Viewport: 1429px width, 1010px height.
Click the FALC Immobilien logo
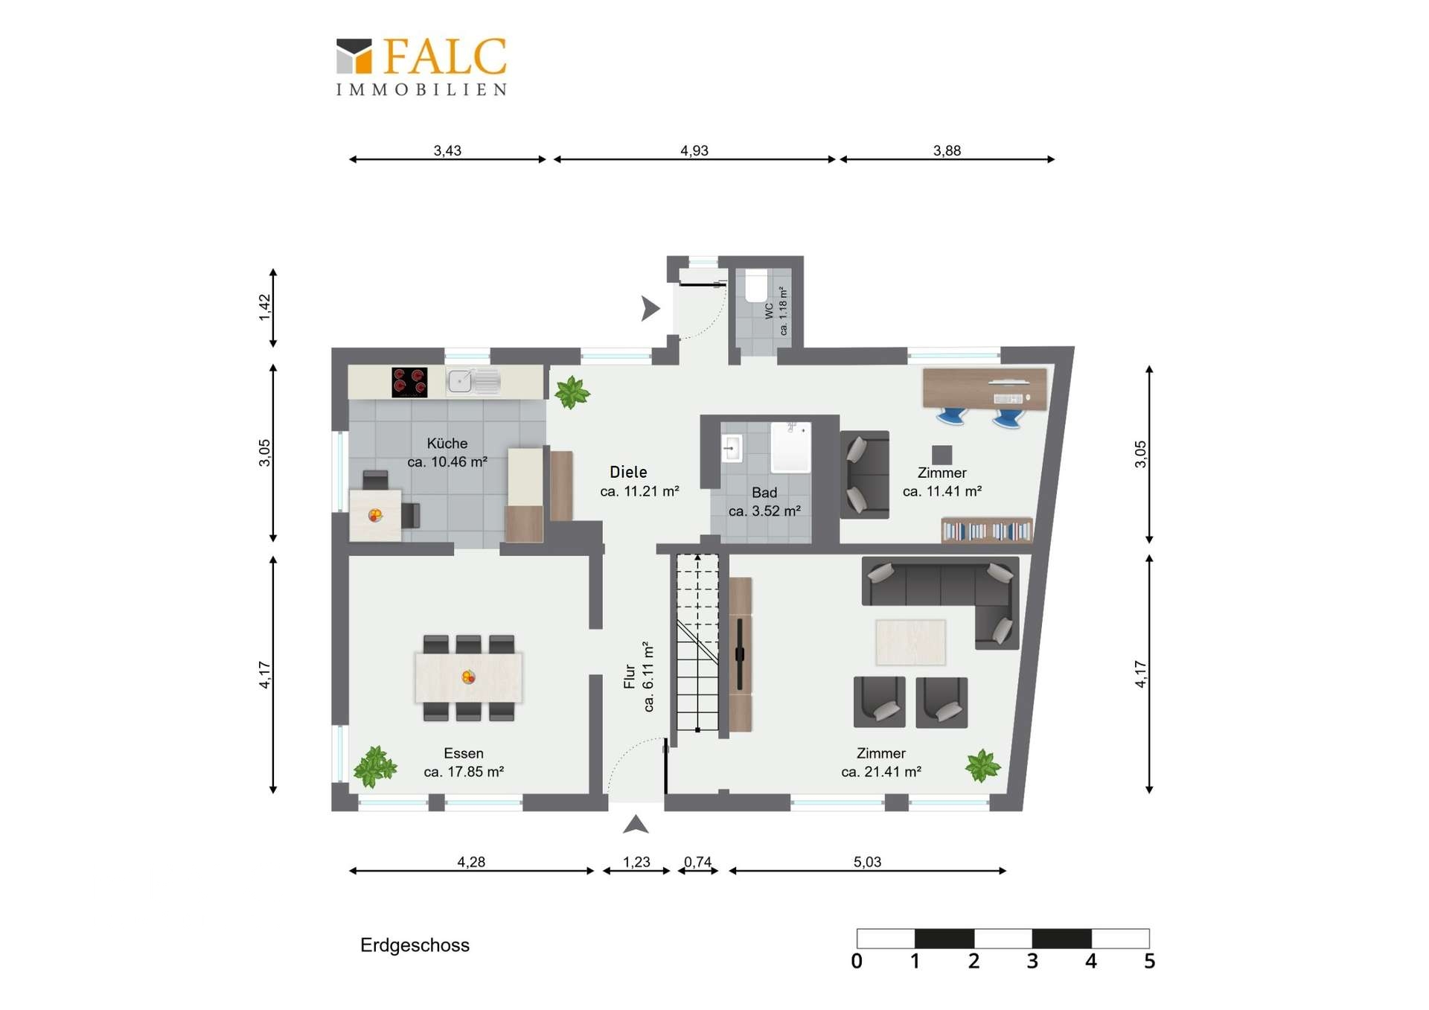[421, 67]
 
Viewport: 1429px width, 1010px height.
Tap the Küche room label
[447, 444]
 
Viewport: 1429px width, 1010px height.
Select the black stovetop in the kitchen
[409, 382]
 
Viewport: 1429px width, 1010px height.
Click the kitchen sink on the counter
[473, 381]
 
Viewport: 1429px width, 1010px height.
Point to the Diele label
[628, 472]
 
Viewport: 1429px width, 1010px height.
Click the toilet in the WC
[756, 287]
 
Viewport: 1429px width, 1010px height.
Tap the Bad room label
[764, 493]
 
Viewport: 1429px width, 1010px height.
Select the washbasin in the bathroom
[732, 449]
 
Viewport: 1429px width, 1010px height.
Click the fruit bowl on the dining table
[468, 677]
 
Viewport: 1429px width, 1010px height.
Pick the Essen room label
[464, 753]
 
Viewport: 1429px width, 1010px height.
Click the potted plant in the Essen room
[374, 767]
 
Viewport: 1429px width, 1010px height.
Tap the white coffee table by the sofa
[911, 642]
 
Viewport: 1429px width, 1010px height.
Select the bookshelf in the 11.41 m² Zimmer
[987, 530]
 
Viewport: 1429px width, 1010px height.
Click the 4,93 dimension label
[694, 150]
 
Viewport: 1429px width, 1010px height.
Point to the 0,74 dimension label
[697, 862]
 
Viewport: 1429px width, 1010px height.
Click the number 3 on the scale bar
[1032, 961]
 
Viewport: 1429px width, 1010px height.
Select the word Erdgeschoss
[415, 945]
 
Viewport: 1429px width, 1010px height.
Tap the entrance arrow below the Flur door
[636, 824]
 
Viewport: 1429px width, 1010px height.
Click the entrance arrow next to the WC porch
[650, 308]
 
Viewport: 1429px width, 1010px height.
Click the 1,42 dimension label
[265, 308]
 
